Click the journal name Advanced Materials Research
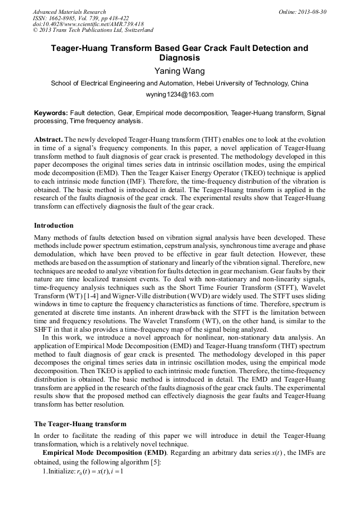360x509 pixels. pyautogui.click(x=69, y=12)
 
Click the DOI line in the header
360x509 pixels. pyautogui.click(x=88, y=24)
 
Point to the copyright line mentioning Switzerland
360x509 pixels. pyautogui.click(x=93, y=30)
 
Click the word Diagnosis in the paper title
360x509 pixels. pyautogui.click(x=179, y=58)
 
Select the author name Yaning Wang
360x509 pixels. pyautogui.click(x=179, y=71)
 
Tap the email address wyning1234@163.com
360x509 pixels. pyautogui.click(x=179, y=94)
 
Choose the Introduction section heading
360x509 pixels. pyautogui.click(x=54, y=226)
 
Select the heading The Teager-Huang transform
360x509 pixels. pyautogui.click(x=80, y=424)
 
